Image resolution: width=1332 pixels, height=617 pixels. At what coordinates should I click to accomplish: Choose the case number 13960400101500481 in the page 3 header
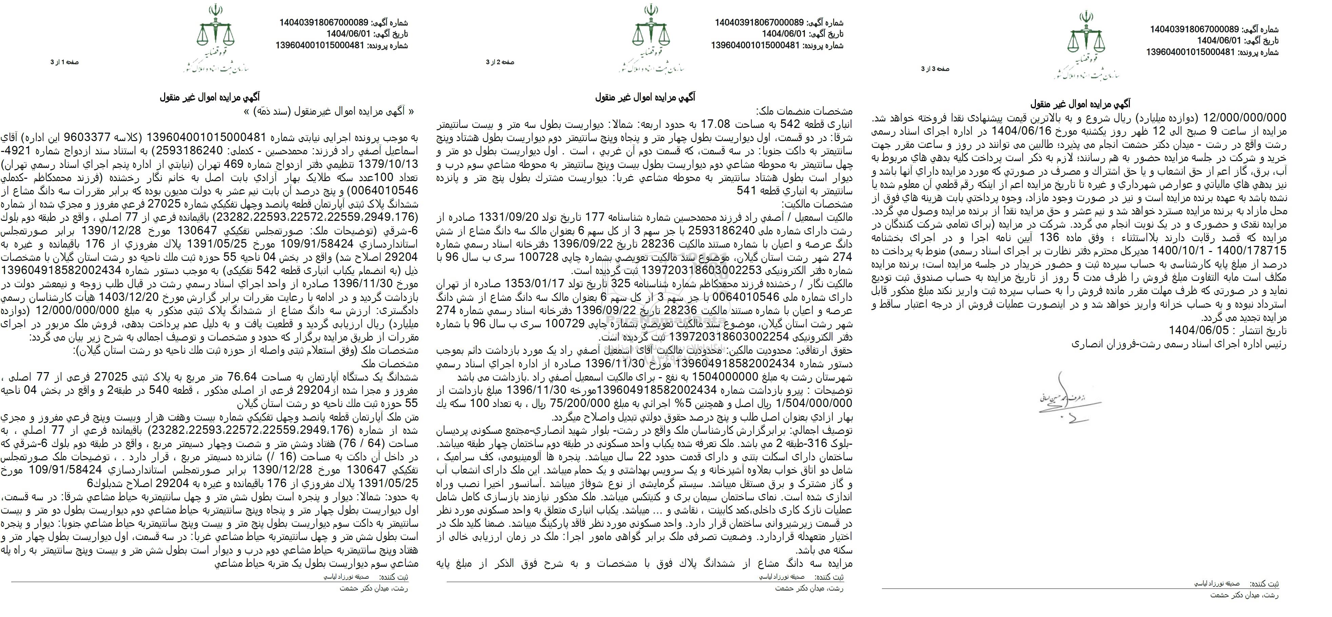point(1191,52)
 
